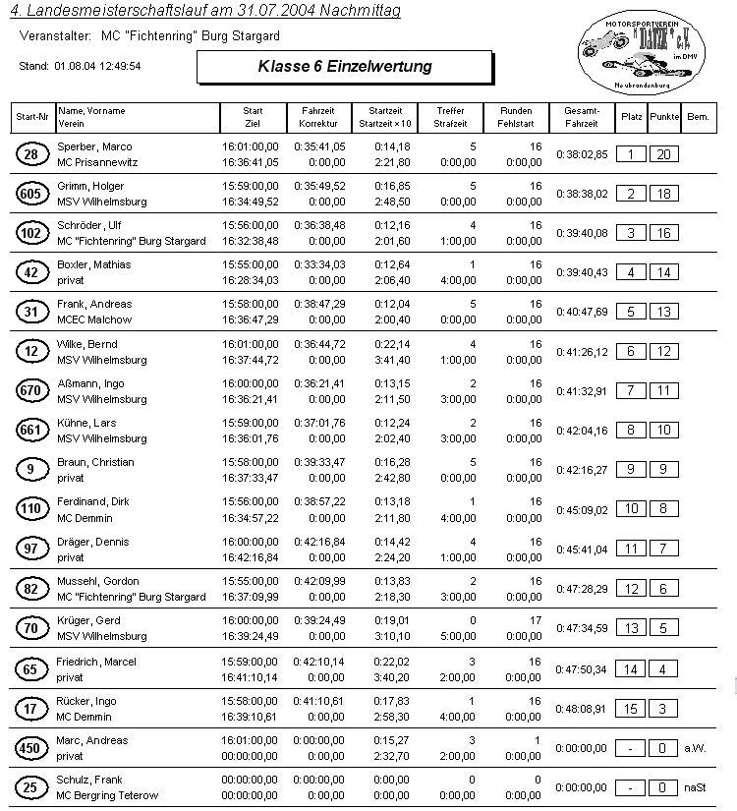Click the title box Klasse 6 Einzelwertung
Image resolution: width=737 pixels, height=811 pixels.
(344, 67)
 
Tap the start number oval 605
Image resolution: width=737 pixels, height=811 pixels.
(30, 194)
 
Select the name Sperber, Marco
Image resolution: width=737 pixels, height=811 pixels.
(94, 146)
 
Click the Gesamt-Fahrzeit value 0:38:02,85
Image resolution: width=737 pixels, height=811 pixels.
(582, 154)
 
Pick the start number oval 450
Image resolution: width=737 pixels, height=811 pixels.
(30, 748)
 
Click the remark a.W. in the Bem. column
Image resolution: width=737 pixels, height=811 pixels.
(696, 748)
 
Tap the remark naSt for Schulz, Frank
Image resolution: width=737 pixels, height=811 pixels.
(696, 787)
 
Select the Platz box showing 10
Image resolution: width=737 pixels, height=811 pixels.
(631, 509)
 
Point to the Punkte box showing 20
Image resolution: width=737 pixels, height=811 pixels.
(664, 154)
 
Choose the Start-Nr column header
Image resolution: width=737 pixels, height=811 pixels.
(32, 117)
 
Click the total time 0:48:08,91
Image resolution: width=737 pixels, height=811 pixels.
(582, 708)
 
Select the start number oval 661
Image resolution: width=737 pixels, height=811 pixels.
(30, 431)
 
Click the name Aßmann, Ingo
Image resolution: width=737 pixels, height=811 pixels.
(90, 383)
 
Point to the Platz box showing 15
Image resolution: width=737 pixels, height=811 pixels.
(631, 708)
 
